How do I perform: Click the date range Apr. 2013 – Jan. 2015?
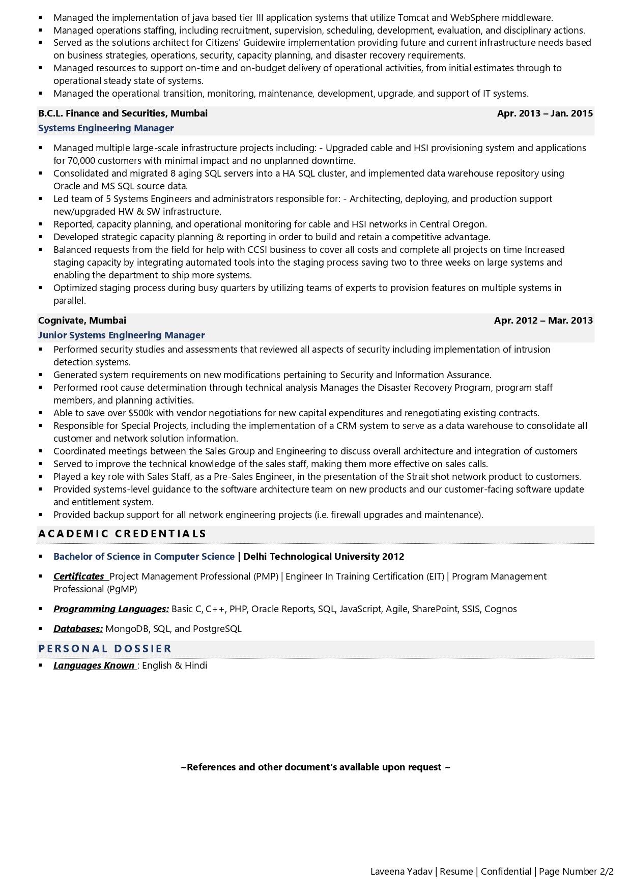pos(544,113)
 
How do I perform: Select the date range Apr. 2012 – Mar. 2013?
pos(543,321)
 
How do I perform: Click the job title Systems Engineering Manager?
pos(106,128)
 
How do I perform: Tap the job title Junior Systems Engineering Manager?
pos(121,335)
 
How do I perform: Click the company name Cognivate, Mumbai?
pos(82,321)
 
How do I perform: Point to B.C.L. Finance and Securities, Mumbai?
pos(123,113)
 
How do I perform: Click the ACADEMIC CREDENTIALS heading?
pos(122,534)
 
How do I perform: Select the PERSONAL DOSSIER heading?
pos(105,649)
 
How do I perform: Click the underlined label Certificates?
pos(79,577)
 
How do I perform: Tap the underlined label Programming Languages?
pos(111,609)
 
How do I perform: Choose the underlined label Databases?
pos(78,629)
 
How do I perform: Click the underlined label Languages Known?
pos(94,666)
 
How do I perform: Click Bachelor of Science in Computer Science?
pos(144,557)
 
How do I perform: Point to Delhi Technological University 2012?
pos(324,557)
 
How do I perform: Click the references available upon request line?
pos(315,767)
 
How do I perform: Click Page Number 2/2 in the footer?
pos(576,872)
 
